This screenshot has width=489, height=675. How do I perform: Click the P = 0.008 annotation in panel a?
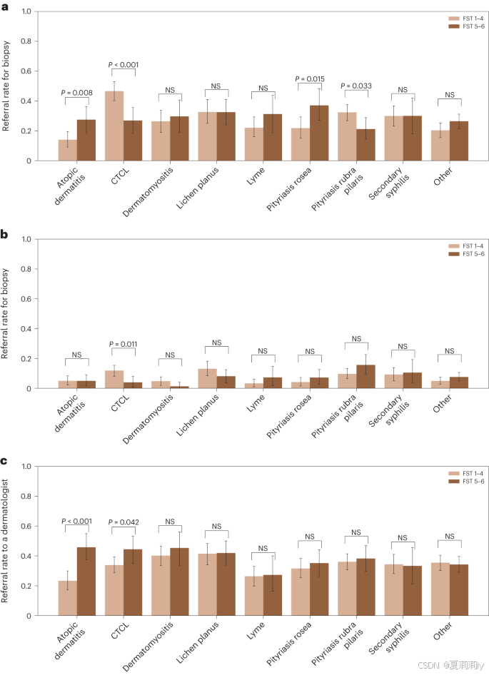point(76,92)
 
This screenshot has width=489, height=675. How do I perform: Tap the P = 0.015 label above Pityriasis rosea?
point(310,78)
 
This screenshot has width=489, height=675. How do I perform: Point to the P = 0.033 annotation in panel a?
point(356,86)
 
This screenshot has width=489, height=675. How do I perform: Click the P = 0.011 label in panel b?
point(123,344)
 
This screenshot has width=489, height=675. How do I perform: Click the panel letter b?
point(5,234)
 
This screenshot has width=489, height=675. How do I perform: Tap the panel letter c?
point(5,462)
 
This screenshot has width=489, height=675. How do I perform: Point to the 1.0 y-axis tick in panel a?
point(26,12)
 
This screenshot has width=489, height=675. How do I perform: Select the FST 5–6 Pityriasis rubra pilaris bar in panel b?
point(366,377)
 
